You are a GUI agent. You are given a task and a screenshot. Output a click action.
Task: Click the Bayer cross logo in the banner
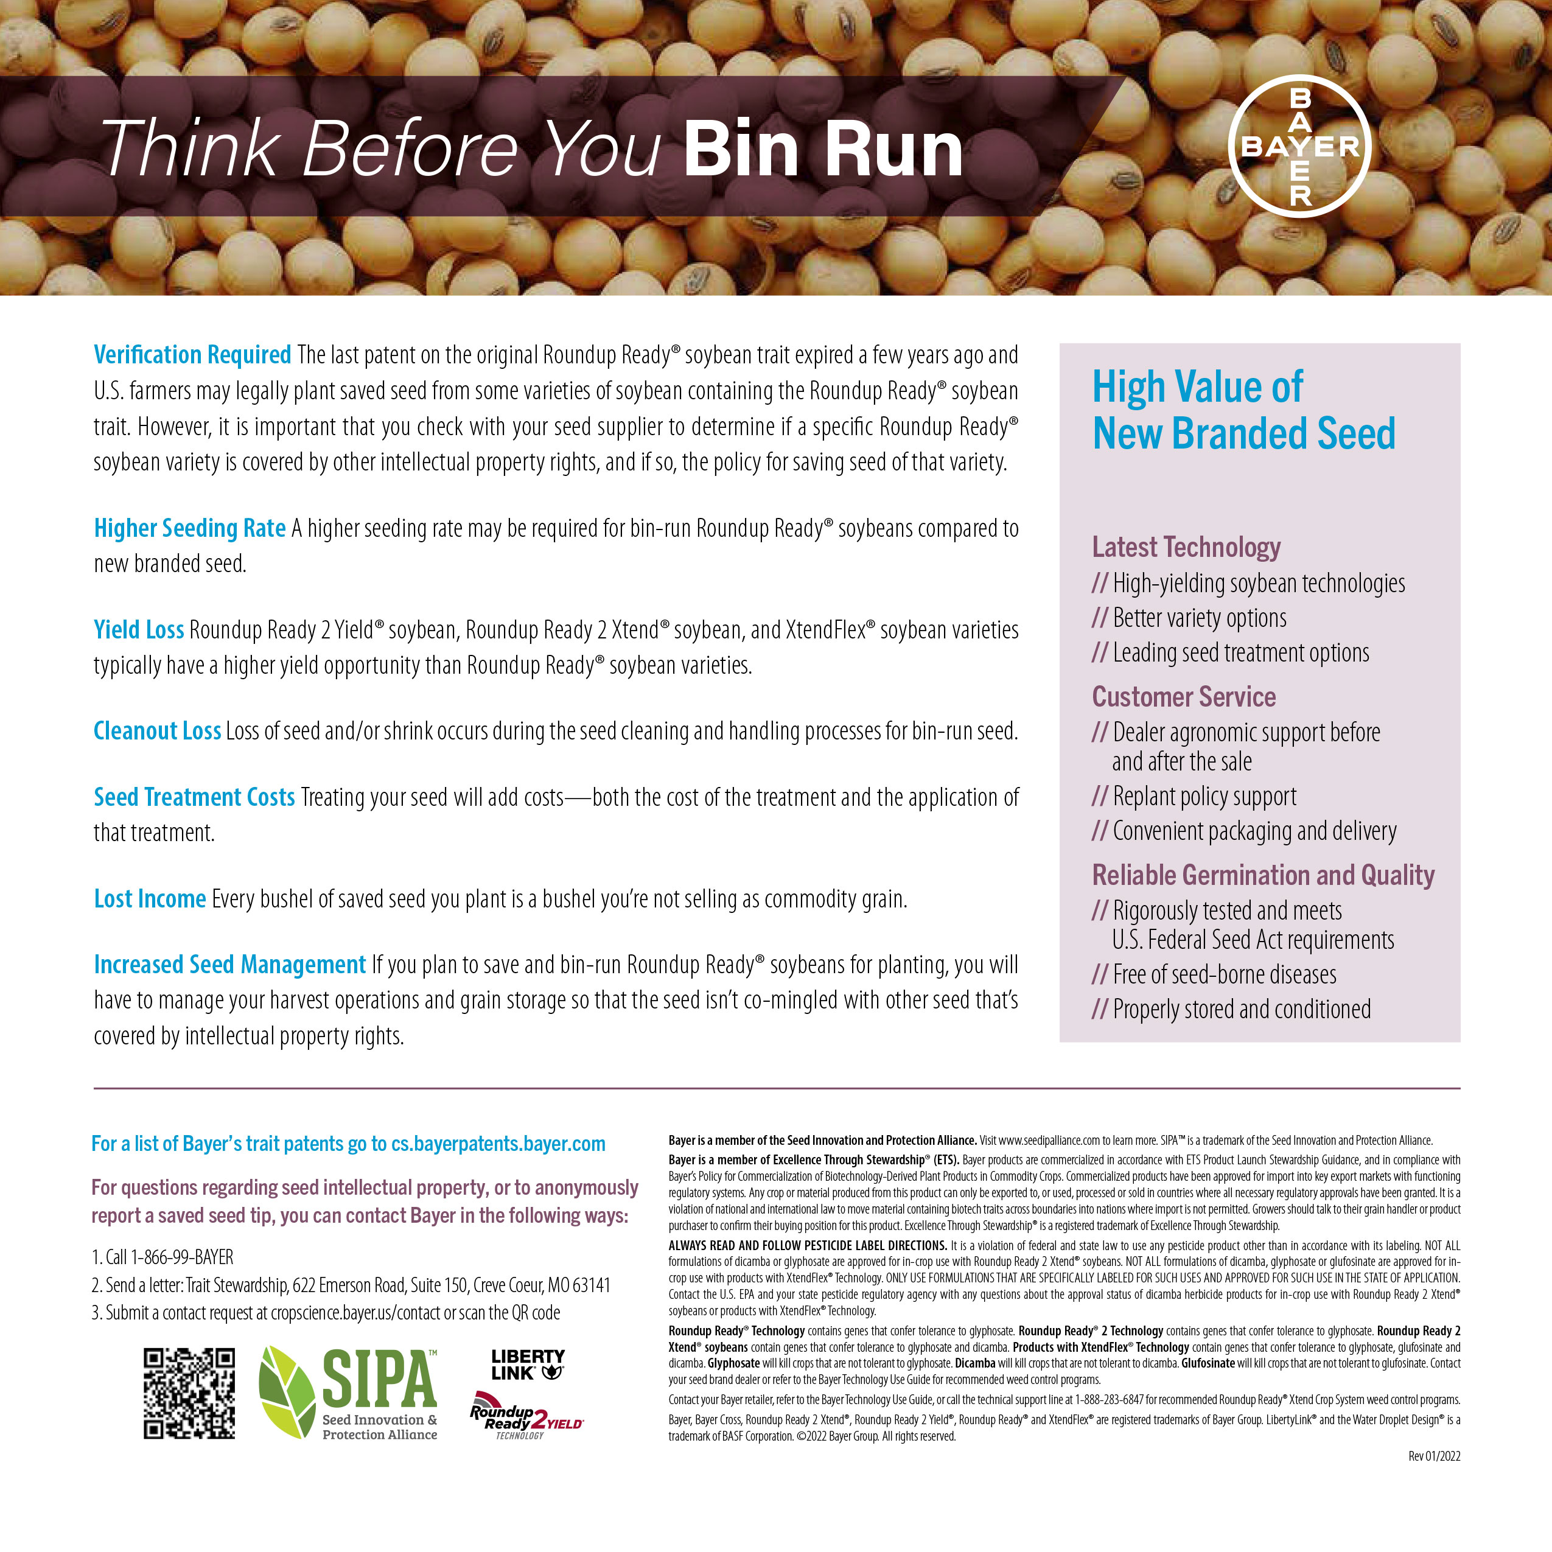pyautogui.click(x=1300, y=146)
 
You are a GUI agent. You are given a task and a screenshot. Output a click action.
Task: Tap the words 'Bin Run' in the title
pyautogui.click(x=823, y=149)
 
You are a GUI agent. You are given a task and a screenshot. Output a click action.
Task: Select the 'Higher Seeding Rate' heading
pyautogui.click(x=189, y=528)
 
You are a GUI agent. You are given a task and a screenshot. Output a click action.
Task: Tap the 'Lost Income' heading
pyautogui.click(x=150, y=898)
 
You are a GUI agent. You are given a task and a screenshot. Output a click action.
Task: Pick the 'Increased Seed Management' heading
pyautogui.click(x=229, y=964)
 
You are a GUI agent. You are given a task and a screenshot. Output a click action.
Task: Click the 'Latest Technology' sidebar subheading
pyautogui.click(x=1186, y=547)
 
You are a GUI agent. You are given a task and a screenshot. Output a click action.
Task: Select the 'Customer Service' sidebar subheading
pyautogui.click(x=1183, y=696)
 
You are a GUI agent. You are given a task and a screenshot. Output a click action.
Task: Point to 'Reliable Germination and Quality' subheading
pyautogui.click(x=1263, y=875)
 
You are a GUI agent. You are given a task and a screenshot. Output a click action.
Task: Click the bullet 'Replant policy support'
pyautogui.click(x=1203, y=796)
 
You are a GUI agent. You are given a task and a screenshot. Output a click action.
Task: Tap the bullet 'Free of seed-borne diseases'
pyautogui.click(x=1223, y=974)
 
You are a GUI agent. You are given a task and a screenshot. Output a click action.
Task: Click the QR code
pyautogui.click(x=189, y=1393)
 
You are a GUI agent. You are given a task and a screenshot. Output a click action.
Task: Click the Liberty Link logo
pyautogui.click(x=528, y=1364)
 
